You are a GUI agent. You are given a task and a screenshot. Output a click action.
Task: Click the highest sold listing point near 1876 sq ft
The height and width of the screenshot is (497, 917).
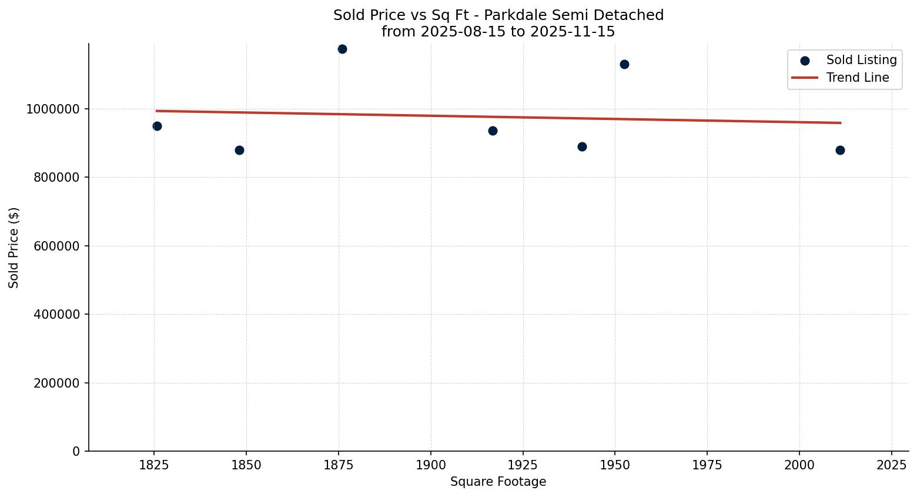342,49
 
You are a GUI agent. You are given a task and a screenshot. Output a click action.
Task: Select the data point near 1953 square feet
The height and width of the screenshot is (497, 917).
624,64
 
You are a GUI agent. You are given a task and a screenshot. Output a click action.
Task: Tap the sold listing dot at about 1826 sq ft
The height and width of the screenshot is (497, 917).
157,126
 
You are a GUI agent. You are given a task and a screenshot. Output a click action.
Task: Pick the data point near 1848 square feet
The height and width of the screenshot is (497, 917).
239,150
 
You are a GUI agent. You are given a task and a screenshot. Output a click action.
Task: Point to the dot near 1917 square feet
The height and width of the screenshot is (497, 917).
493,131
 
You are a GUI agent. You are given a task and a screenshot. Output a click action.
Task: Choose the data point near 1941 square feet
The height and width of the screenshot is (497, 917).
582,146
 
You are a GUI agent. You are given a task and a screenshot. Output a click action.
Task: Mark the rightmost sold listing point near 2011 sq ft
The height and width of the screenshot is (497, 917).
840,150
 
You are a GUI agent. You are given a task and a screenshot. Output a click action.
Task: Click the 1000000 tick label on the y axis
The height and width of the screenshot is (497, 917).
52,109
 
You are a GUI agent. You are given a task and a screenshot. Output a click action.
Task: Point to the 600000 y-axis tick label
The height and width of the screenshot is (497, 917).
55,246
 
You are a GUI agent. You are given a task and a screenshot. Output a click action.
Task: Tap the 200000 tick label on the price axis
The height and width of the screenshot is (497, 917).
55,383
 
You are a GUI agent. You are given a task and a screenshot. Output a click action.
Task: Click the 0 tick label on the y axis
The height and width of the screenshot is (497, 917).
76,451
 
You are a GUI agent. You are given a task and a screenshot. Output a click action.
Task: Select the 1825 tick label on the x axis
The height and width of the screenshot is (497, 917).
154,465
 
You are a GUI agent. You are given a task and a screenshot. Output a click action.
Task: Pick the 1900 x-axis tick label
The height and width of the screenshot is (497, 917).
430,465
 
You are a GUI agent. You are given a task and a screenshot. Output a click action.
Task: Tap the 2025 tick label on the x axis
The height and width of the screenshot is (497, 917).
891,465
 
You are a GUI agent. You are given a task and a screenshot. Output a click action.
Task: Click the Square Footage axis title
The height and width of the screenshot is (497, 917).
498,482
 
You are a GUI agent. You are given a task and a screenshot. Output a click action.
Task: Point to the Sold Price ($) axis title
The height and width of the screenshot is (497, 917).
14,248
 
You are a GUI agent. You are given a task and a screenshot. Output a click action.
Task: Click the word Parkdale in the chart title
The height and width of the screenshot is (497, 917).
510,15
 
